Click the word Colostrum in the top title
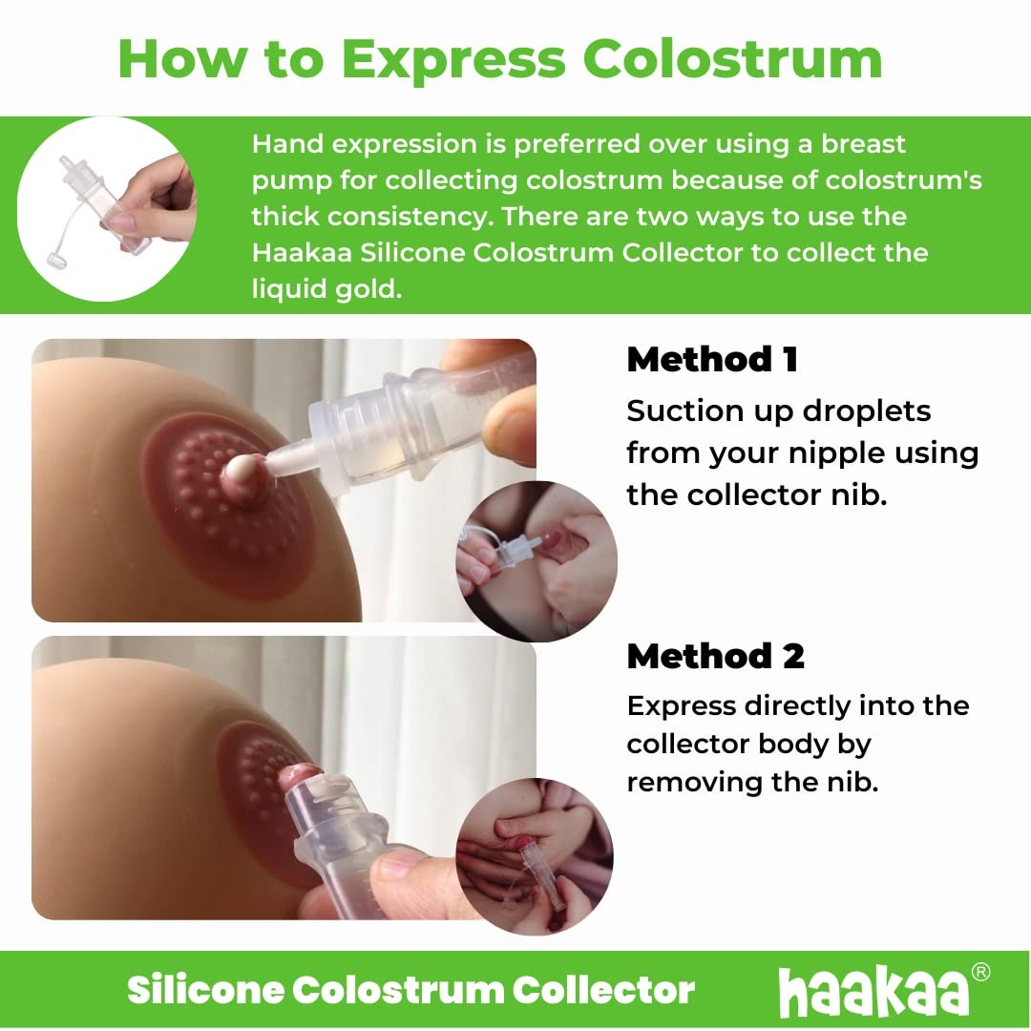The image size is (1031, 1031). coord(732,59)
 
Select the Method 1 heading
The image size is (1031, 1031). coord(711,360)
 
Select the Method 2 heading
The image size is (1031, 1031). coord(715,656)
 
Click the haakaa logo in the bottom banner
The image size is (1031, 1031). coord(873,992)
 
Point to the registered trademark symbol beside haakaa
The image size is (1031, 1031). coord(980,972)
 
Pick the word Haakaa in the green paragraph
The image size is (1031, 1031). coord(296,253)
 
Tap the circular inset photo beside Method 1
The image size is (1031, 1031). coord(537,560)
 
